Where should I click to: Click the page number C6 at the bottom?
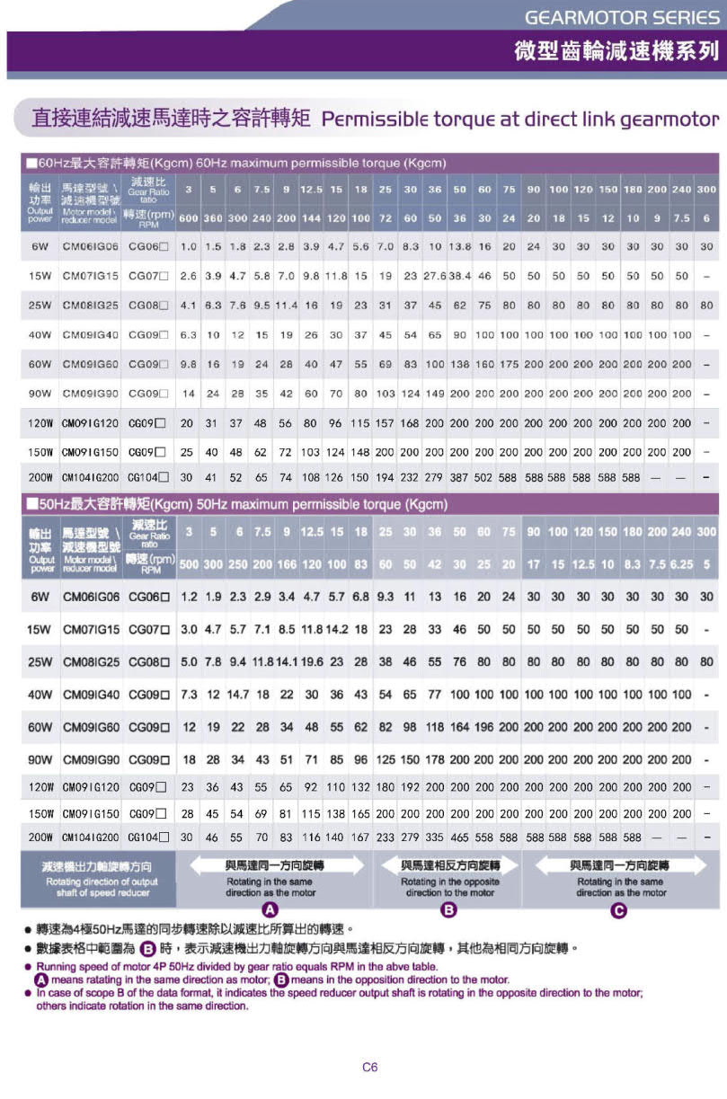(x=369, y=1068)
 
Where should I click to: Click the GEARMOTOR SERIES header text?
(x=622, y=17)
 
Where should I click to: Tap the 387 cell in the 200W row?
(x=459, y=477)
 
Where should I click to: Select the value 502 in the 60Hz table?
(x=484, y=477)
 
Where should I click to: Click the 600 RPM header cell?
(x=189, y=218)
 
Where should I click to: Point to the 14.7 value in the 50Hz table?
(x=237, y=695)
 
